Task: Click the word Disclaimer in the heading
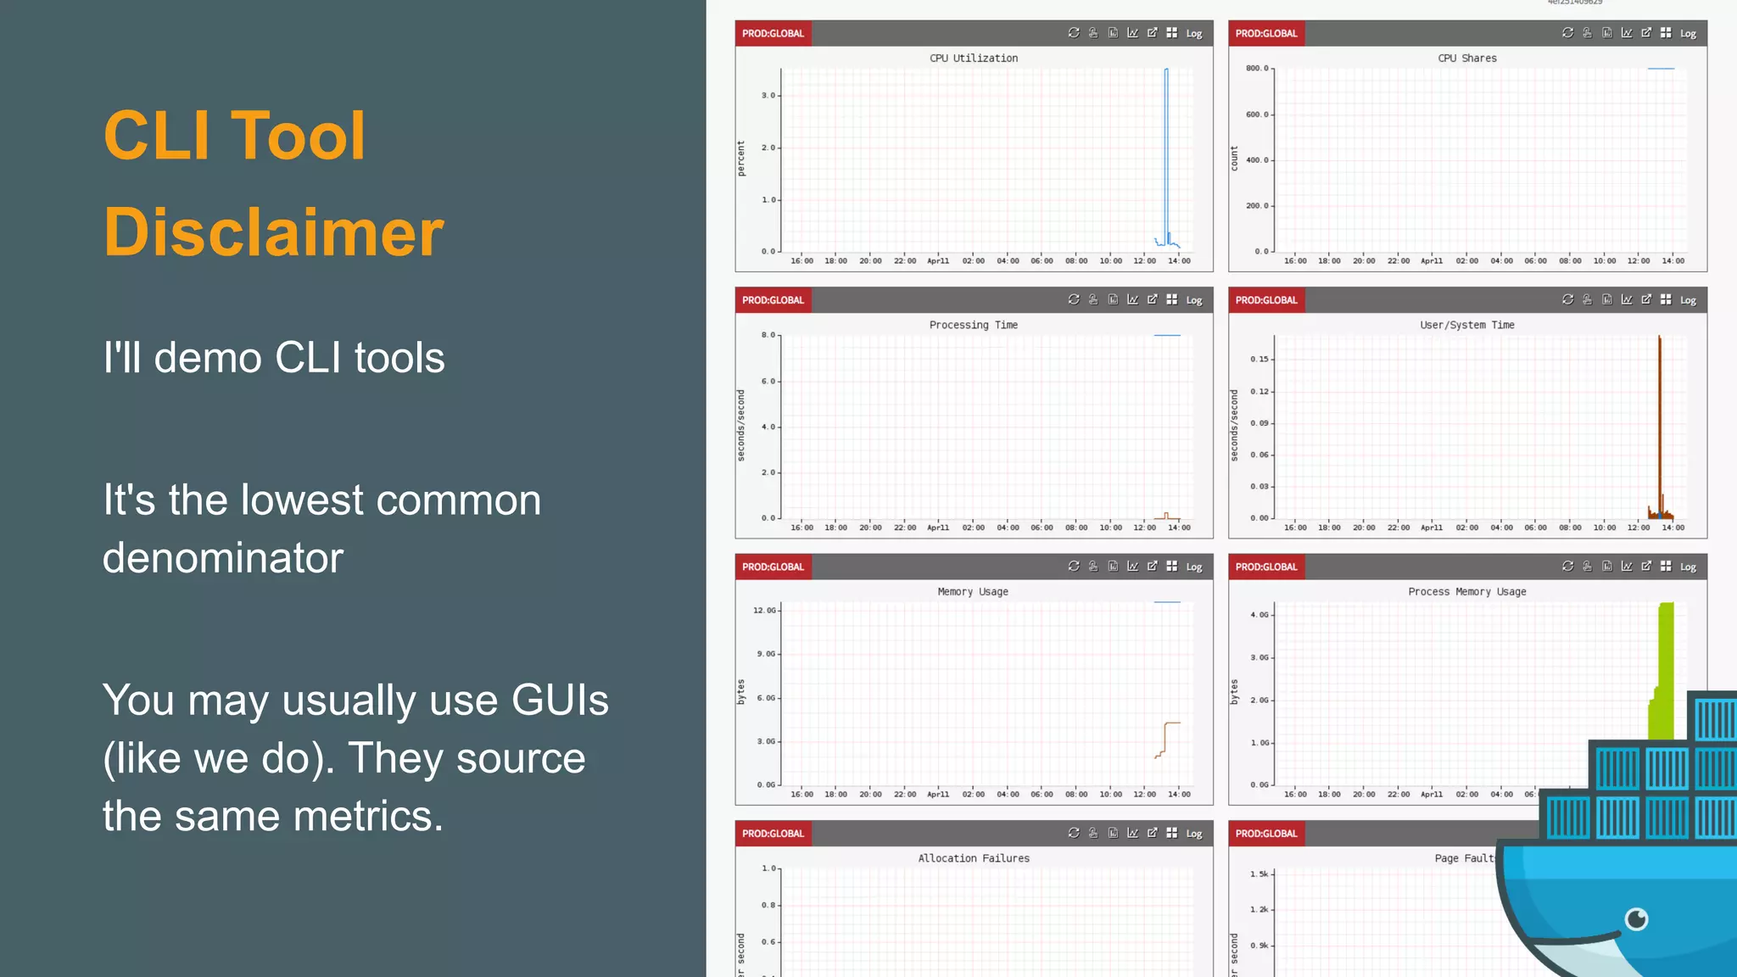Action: [273, 232]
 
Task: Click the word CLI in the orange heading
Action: [156, 136]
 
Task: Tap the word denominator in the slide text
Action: [223, 558]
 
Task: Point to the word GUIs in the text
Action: [560, 701]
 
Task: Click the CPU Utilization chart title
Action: [974, 59]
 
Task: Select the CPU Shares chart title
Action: [1466, 59]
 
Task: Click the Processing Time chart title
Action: [973, 325]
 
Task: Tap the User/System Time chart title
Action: [1466, 325]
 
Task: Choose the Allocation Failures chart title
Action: [974, 858]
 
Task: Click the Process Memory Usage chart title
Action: [1466, 592]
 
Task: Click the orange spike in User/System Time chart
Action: [1660, 424]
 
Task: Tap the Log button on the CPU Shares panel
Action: [1688, 34]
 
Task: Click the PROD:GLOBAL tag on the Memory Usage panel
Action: [773, 567]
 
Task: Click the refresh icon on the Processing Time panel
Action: [1074, 299]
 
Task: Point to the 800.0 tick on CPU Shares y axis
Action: [1257, 69]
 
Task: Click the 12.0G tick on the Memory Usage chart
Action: [764, 611]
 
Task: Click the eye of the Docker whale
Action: [1636, 918]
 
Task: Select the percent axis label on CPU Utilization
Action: [741, 159]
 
